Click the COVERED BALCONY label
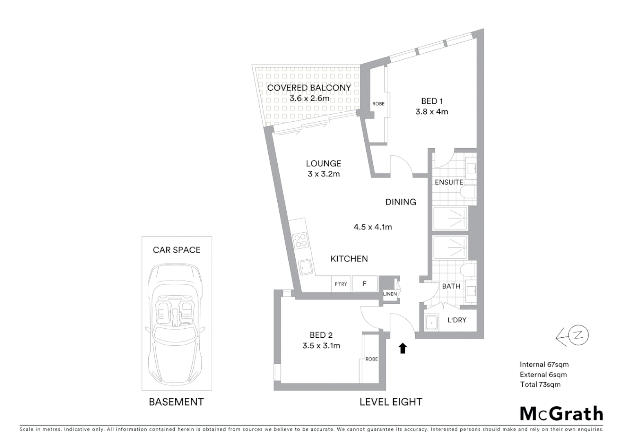pyautogui.click(x=309, y=88)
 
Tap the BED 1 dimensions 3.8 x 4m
pyautogui.click(x=432, y=112)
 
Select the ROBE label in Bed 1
pyautogui.click(x=378, y=104)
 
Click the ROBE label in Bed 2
pyautogui.click(x=371, y=359)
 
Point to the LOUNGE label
pyautogui.click(x=323, y=163)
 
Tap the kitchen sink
pyautogui.click(x=305, y=268)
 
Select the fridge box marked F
pyautogui.click(x=365, y=284)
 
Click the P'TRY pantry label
pyautogui.click(x=341, y=284)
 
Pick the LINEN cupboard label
pyautogui.click(x=390, y=294)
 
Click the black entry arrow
pyautogui.click(x=403, y=348)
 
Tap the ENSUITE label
pyautogui.click(x=449, y=182)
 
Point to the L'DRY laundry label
pyautogui.click(x=457, y=320)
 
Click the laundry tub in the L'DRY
pyautogui.click(x=431, y=323)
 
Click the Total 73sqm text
pyautogui.click(x=540, y=384)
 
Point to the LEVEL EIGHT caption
pyautogui.click(x=390, y=402)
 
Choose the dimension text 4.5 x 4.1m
pyautogui.click(x=372, y=227)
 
